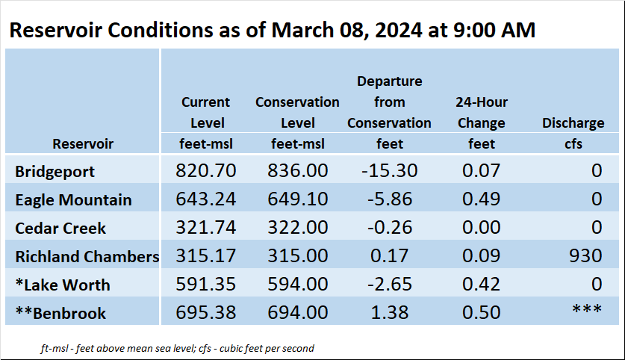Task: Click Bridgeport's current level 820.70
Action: [205, 170]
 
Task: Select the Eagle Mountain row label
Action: [73, 199]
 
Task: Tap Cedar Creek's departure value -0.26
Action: [390, 227]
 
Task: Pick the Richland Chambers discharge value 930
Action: [585, 255]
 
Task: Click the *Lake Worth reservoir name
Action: [63, 285]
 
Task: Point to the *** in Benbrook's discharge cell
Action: [587, 308]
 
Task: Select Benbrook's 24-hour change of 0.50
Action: [481, 312]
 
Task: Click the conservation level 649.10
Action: [297, 199]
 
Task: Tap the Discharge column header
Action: [573, 122]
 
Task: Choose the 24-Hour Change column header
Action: [482, 113]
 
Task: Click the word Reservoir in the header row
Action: [83, 143]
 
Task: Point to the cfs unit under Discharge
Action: [573, 143]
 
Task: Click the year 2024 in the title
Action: [398, 30]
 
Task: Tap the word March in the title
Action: [302, 30]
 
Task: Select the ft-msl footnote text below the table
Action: [178, 349]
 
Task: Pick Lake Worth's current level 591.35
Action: [205, 284]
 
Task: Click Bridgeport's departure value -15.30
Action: [390, 170]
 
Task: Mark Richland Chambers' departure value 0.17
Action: [390, 255]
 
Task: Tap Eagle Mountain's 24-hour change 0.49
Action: [481, 199]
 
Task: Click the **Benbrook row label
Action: [60, 313]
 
